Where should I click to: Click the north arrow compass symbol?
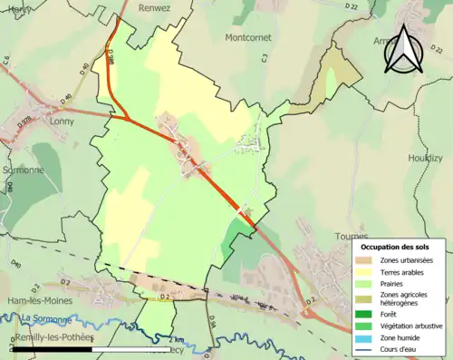(x=403, y=49)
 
